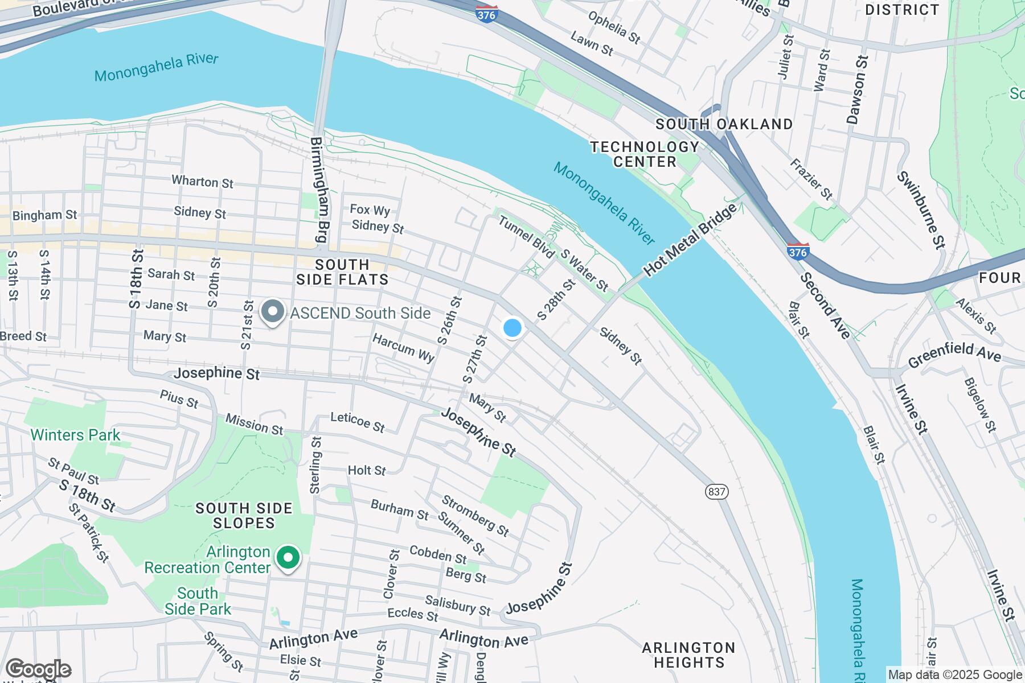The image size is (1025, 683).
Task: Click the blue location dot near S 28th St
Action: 512,328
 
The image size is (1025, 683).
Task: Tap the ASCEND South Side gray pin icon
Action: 273,312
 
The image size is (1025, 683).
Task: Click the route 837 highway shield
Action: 716,491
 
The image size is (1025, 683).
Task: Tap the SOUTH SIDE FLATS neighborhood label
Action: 343,272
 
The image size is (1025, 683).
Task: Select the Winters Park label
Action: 75,435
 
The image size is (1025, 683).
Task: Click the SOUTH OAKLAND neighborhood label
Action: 724,124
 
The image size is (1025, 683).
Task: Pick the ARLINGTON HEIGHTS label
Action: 688,655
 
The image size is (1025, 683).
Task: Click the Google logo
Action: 38,669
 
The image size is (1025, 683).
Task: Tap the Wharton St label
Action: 203,182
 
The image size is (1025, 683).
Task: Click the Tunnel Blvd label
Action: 526,236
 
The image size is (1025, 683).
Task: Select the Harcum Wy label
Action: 403,348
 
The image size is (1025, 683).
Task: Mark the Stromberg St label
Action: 475,516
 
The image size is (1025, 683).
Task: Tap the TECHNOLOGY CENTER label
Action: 645,154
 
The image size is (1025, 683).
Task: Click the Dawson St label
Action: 856,89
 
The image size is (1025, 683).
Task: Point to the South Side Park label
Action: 198,601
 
